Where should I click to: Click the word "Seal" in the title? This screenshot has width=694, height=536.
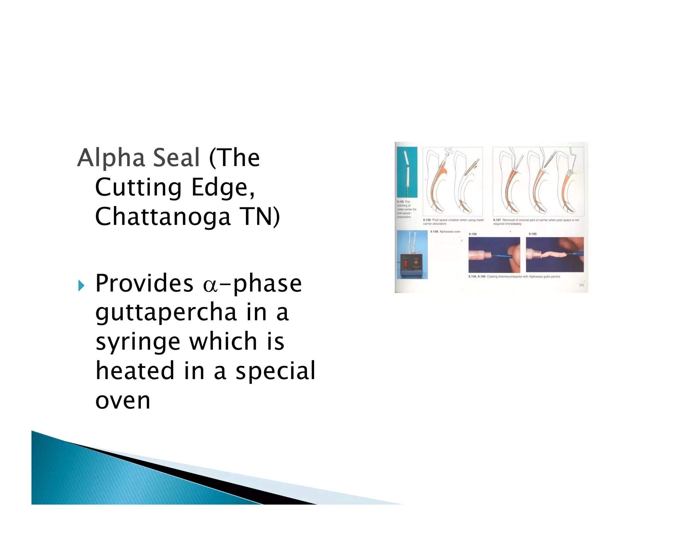point(176,158)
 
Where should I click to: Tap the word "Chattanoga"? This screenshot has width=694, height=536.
point(163,217)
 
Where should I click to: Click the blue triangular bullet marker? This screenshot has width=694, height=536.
point(81,285)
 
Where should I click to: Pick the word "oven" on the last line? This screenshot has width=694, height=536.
point(123,401)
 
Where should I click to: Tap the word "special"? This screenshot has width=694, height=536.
point(275,371)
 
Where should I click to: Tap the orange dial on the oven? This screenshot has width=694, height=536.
point(415,262)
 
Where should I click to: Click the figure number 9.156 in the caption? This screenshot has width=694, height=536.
point(427,220)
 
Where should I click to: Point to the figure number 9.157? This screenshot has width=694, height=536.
point(497,220)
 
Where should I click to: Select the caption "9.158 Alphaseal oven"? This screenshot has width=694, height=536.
point(445,232)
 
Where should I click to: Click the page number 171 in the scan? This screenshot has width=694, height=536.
point(581,285)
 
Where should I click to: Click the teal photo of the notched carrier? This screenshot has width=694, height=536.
point(407,172)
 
